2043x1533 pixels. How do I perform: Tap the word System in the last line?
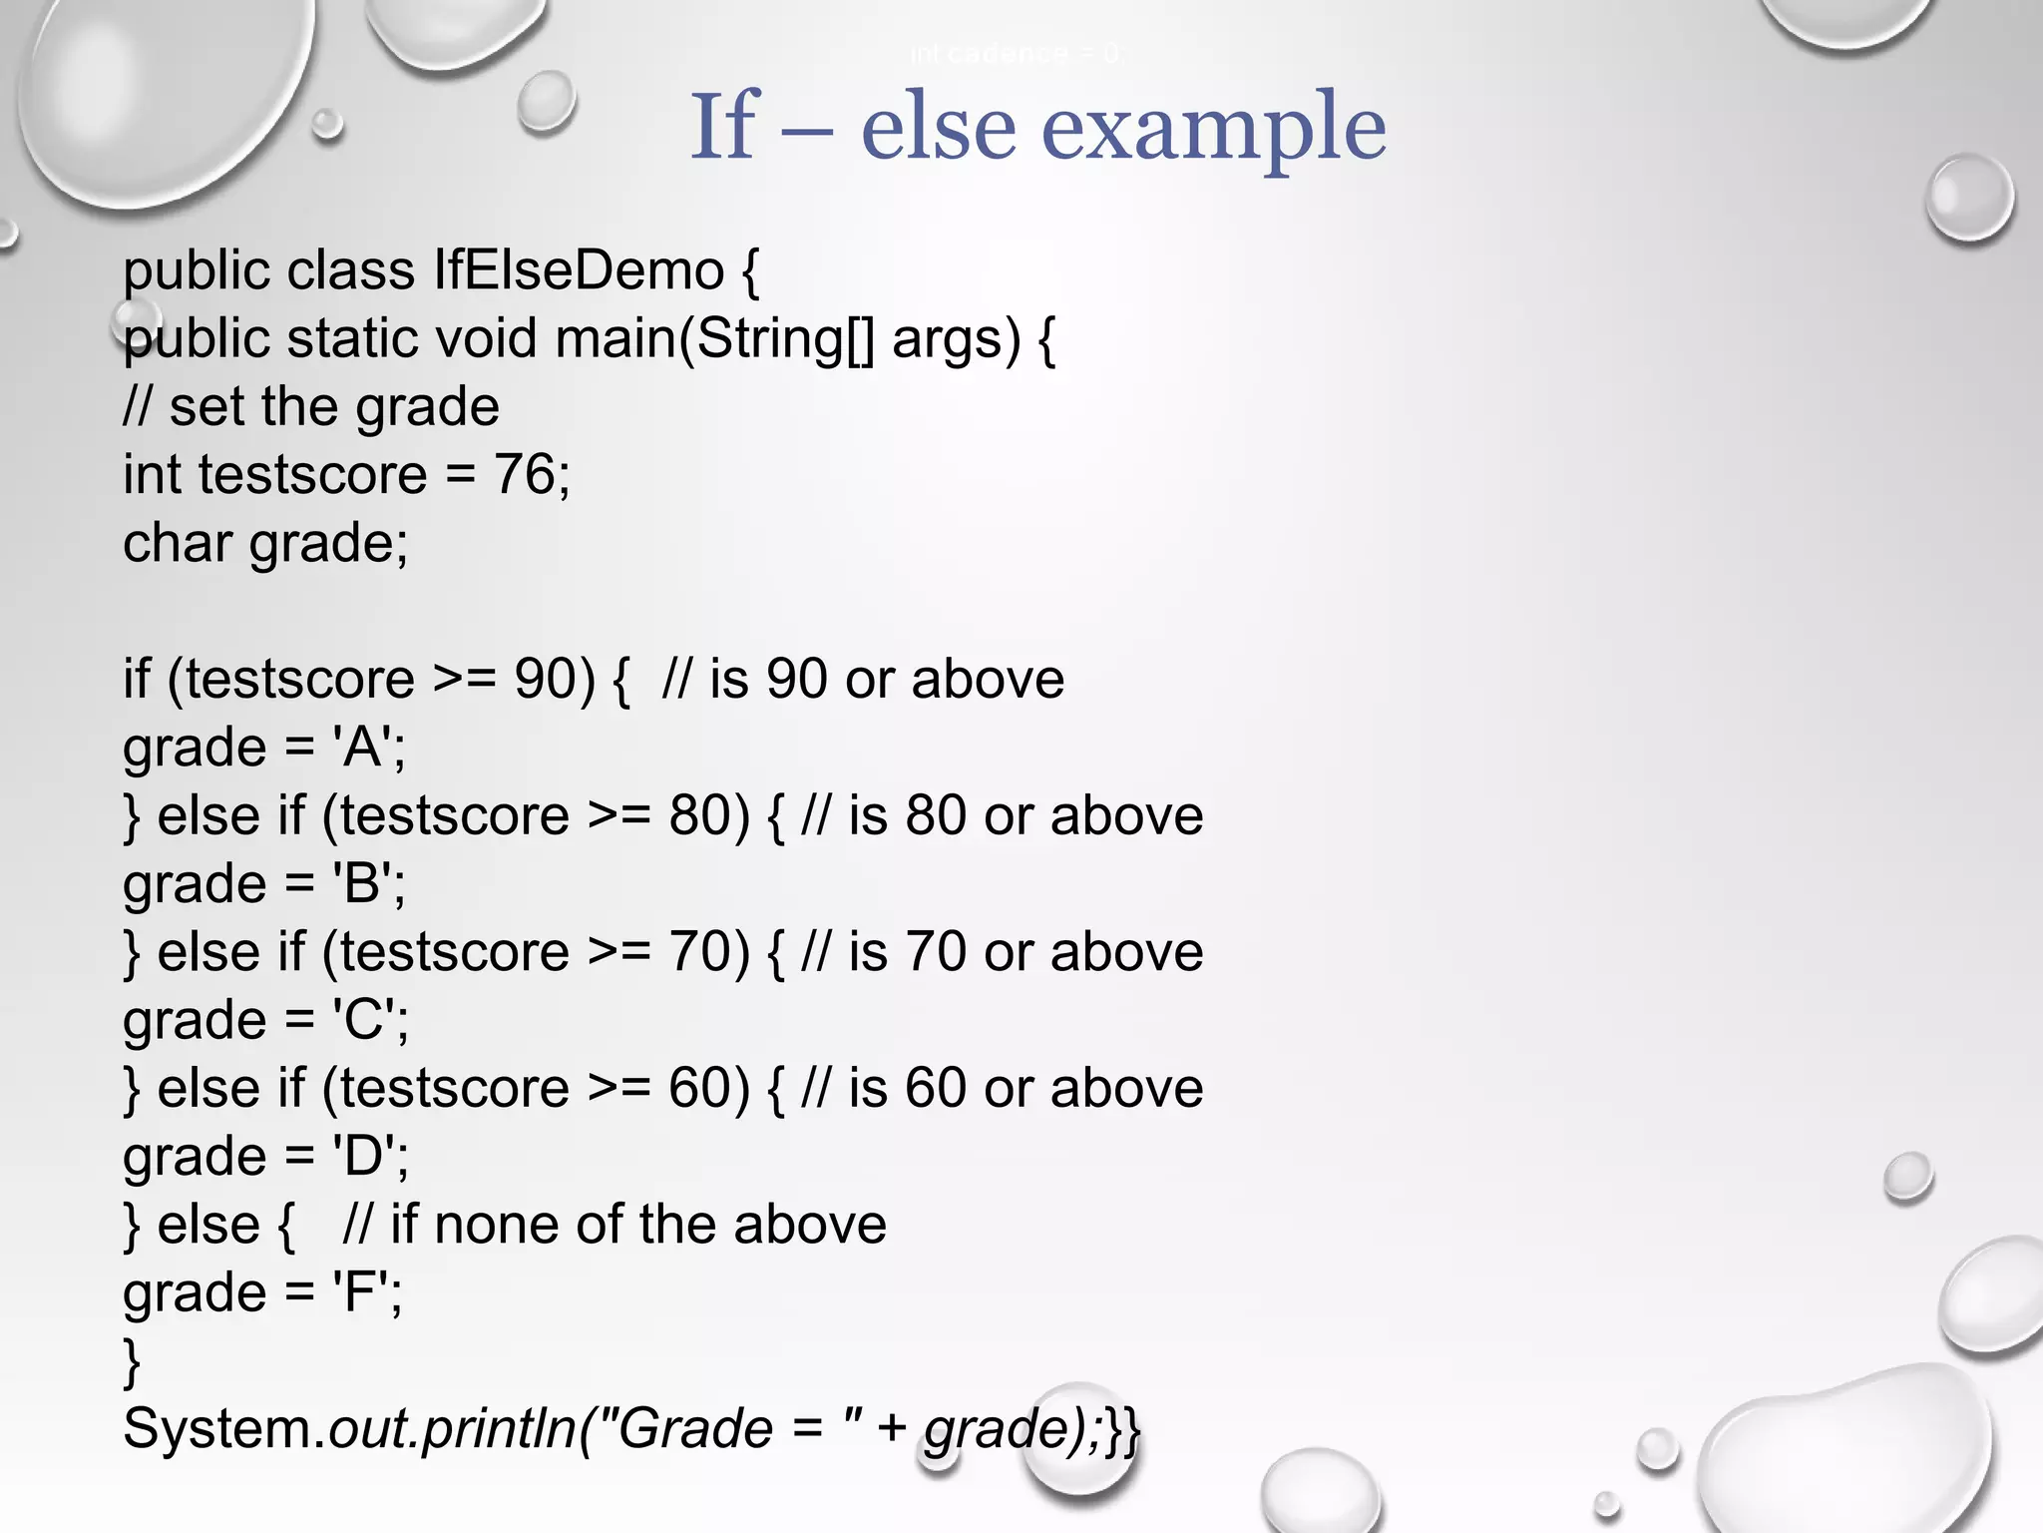point(220,1429)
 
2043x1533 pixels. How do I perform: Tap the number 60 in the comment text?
point(937,1089)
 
